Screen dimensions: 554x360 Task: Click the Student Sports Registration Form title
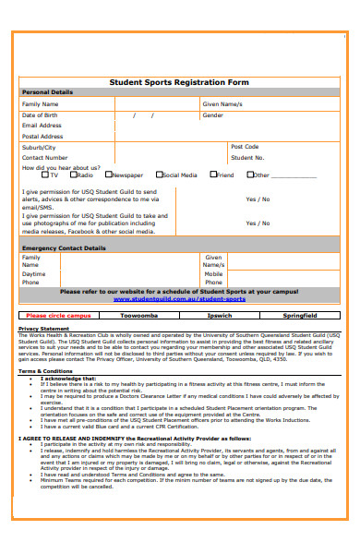click(179, 80)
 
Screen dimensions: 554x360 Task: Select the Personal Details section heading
click(47, 92)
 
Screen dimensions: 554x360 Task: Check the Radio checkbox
click(73, 175)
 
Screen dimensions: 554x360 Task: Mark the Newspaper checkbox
click(108, 175)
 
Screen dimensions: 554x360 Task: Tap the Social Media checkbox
click(158, 175)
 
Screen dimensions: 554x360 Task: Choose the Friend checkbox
click(212, 175)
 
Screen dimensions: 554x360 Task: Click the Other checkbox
click(249, 175)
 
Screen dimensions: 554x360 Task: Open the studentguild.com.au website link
click(179, 299)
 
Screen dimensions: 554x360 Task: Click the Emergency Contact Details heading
click(64, 248)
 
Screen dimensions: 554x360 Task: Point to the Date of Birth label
click(41, 115)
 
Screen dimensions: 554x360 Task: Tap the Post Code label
click(245, 146)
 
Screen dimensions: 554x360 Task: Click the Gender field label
click(212, 115)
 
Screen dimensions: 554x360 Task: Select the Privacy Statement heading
click(43, 329)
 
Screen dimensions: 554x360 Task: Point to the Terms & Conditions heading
click(46, 371)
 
